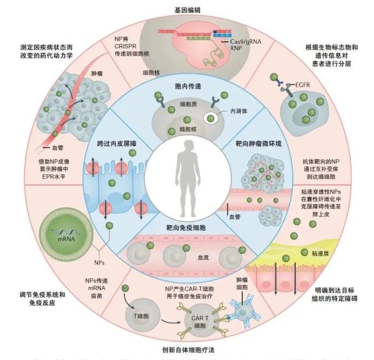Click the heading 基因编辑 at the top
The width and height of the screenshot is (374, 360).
coord(187,10)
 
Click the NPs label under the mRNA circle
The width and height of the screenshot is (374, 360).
coord(106,264)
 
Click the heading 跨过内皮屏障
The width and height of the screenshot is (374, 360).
coord(116,143)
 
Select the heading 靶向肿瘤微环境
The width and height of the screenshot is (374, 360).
coord(257,142)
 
